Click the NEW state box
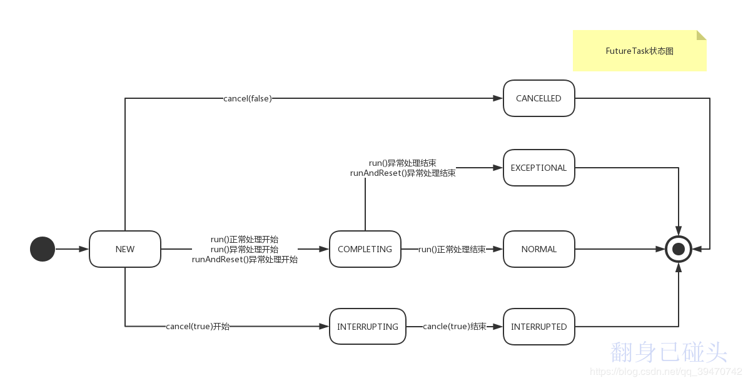tap(125, 249)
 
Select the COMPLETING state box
tap(365, 249)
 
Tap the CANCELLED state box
tap(538, 98)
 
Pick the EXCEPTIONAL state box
tap(538, 168)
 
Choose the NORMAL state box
tap(538, 249)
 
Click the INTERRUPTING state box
tap(368, 327)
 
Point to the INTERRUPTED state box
tap(538, 327)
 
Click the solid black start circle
tap(43, 249)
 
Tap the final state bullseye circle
tap(679, 249)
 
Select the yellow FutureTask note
tap(639, 51)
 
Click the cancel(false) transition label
tap(248, 98)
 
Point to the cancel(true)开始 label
tap(198, 327)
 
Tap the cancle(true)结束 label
tap(455, 327)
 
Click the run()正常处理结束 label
tap(452, 249)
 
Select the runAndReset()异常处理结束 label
tap(403, 173)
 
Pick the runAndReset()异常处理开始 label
tap(245, 259)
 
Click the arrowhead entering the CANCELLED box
tap(498, 98)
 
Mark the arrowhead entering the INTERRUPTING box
tap(325, 327)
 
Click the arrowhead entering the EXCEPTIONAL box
tap(498, 168)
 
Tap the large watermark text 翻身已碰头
tap(669, 352)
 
